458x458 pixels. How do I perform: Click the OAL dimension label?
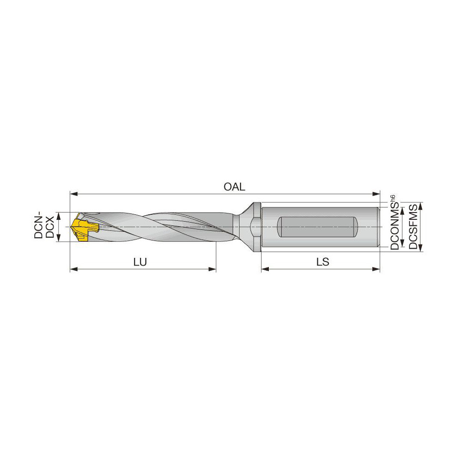click(234, 187)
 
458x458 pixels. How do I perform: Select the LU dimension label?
click(140, 262)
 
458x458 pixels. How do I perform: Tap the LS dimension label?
click(322, 262)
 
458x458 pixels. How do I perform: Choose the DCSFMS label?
click(414, 227)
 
